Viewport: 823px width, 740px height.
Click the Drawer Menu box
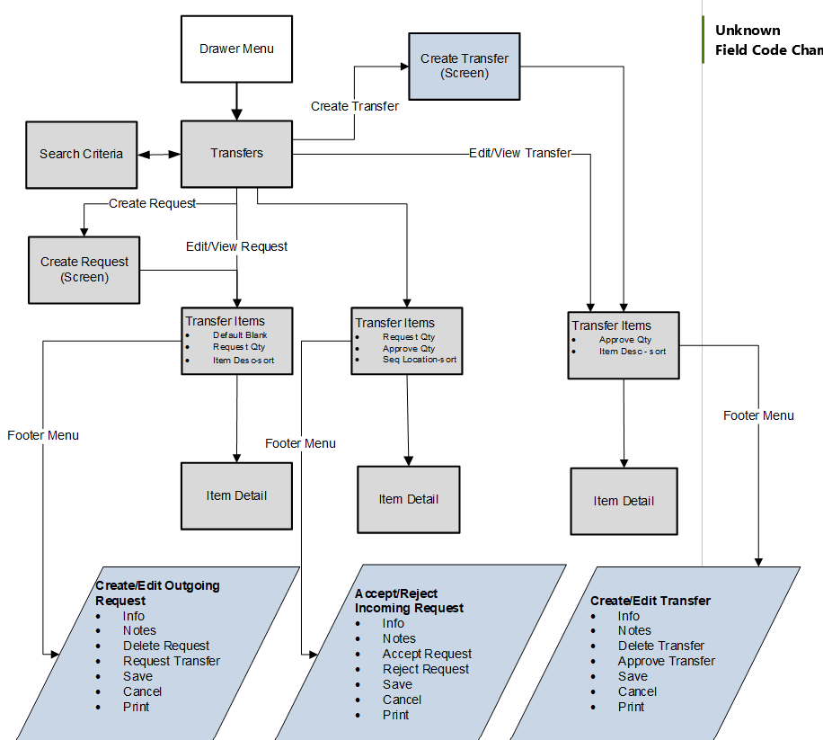tap(236, 49)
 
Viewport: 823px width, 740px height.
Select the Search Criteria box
tap(82, 155)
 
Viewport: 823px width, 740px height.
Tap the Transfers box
tap(236, 154)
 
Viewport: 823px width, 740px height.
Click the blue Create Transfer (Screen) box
tap(465, 66)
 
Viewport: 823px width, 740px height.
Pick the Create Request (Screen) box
tap(84, 270)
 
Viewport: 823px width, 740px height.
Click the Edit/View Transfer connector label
tap(520, 154)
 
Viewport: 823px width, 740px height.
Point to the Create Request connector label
tap(152, 204)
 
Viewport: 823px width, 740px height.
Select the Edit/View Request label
tap(236, 246)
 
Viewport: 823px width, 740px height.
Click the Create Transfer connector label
tap(355, 106)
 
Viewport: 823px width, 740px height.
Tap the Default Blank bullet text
tap(240, 335)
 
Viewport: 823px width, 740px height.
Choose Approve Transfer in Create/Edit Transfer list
tap(666, 661)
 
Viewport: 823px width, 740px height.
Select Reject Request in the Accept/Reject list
tap(426, 669)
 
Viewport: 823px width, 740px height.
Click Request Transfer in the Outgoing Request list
tap(172, 661)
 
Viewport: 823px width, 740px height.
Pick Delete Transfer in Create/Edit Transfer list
tap(661, 646)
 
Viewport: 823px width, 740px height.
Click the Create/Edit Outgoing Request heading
tap(157, 593)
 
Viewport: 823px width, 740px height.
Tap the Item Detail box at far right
tap(624, 501)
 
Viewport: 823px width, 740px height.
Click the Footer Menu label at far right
tap(758, 415)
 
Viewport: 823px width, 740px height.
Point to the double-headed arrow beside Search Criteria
tap(159, 155)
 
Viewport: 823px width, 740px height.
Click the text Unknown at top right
tap(748, 31)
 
